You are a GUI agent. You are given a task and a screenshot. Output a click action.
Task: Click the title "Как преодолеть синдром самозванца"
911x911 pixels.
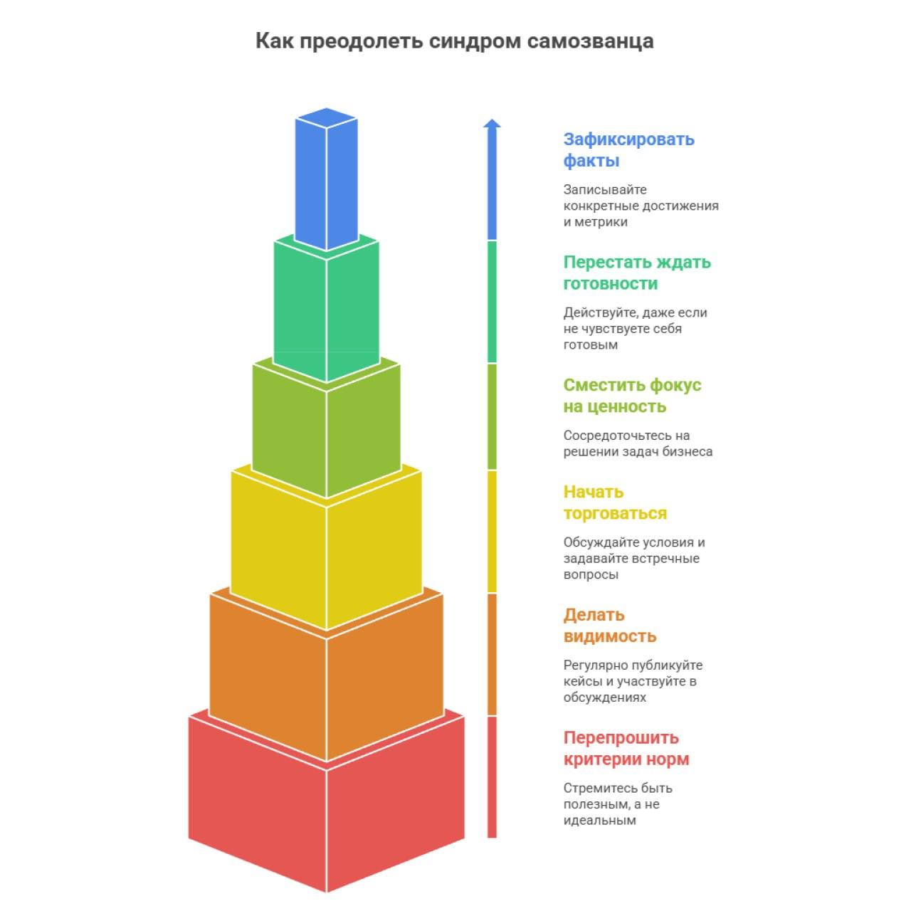(x=454, y=41)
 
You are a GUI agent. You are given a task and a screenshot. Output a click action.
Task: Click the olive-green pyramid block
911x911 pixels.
(x=327, y=434)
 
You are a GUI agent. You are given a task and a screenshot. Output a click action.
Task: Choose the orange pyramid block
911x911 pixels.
(x=327, y=683)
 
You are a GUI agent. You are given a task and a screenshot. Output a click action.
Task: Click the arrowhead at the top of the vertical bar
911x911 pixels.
(x=492, y=124)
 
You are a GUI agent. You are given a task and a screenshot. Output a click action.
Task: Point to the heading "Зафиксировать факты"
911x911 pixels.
(x=628, y=149)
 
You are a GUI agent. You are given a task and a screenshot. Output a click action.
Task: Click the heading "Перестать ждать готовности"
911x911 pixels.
(x=637, y=273)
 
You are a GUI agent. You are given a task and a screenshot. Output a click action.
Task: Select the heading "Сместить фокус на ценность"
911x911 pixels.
(x=632, y=396)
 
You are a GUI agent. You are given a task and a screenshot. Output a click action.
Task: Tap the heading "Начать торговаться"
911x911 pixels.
(x=615, y=502)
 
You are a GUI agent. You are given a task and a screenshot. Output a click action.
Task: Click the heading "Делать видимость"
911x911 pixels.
(x=610, y=626)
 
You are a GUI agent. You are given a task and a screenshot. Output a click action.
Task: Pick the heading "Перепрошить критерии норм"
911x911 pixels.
(x=626, y=748)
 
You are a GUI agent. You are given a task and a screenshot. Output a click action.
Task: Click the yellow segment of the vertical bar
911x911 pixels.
(x=492, y=531)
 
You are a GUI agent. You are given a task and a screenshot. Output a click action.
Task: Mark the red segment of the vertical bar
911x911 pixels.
(x=492, y=776)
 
